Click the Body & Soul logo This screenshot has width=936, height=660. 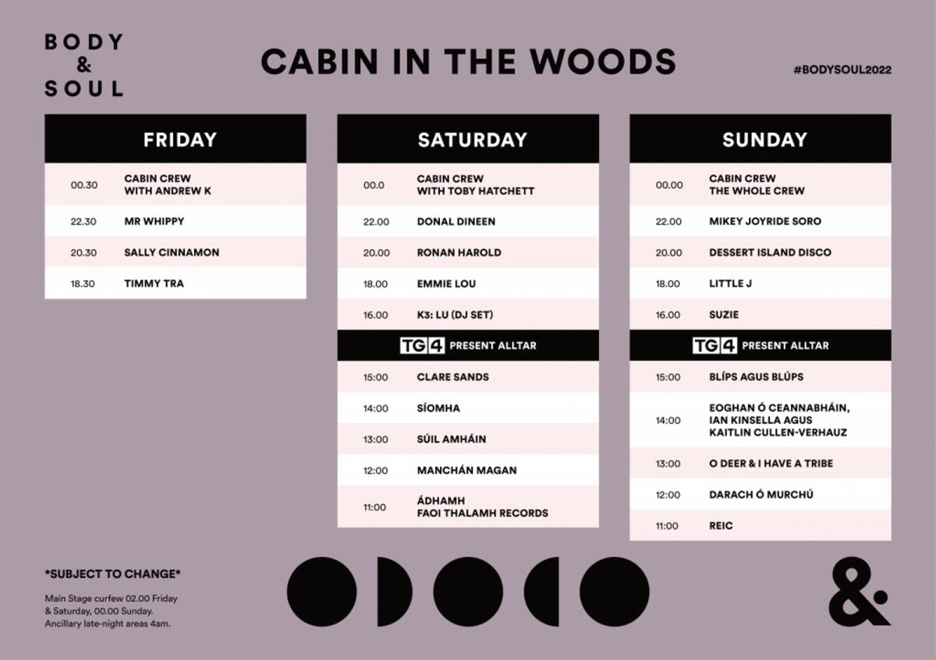84,65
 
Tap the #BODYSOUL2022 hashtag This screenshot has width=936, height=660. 842,69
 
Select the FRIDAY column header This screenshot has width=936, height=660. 179,139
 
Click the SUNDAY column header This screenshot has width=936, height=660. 764,139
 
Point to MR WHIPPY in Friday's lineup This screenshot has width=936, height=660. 154,221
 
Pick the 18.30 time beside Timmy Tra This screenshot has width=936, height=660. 83,284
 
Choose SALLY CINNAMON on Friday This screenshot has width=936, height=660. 172,252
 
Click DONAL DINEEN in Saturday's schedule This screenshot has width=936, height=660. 456,221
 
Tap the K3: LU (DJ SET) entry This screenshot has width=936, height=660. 455,315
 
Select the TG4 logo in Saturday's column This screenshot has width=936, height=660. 422,346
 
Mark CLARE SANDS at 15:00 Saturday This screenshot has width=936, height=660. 453,377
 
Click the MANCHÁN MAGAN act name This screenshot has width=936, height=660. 466,470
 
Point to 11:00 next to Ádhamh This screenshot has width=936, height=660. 374,507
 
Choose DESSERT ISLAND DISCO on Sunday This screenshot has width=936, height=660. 770,252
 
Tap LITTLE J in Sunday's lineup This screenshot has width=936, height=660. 730,284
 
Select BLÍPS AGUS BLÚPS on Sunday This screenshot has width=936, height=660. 757,376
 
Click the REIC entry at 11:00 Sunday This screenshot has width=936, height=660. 721,525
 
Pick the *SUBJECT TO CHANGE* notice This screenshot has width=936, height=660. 112,574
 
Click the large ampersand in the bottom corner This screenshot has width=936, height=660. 859,591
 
